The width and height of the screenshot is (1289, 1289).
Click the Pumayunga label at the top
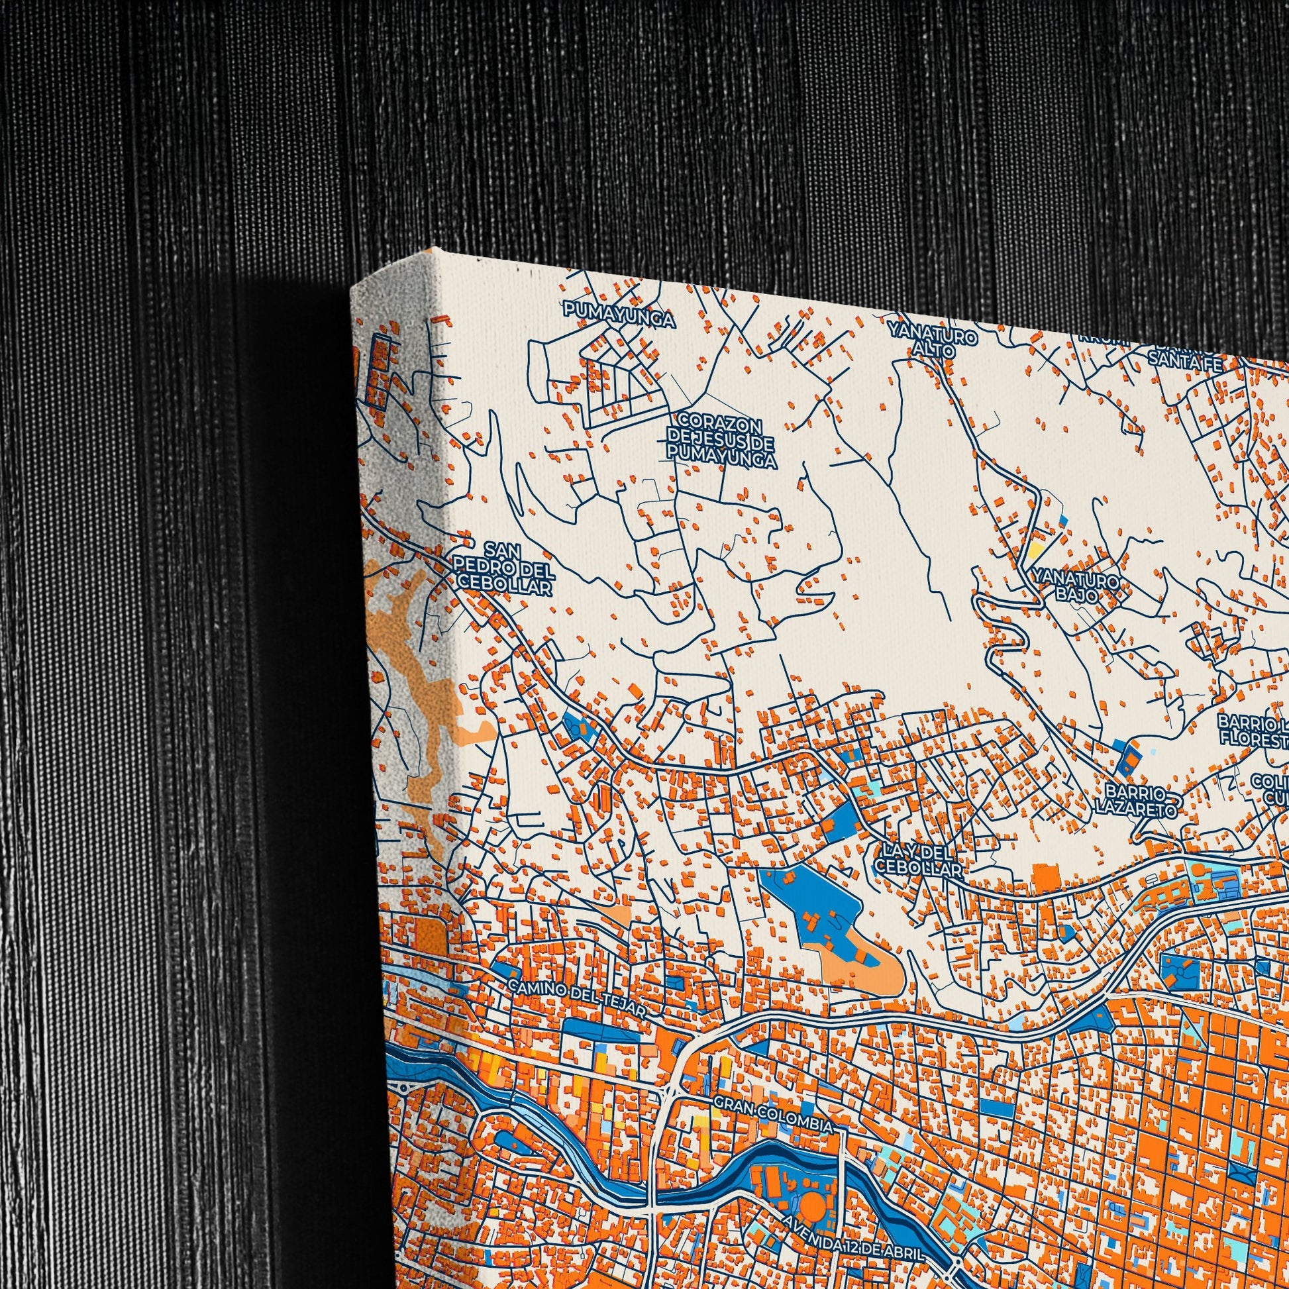[619, 315]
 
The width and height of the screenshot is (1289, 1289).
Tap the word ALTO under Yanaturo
[933, 350]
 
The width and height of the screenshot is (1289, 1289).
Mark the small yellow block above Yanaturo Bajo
[1035, 550]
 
